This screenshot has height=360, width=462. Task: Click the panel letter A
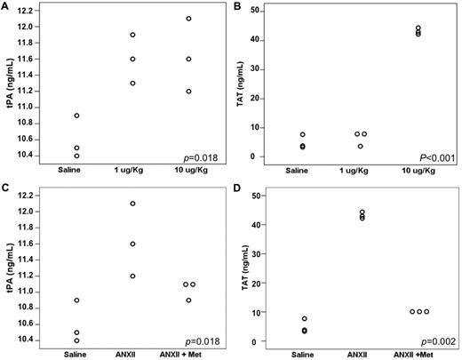pos(5,6)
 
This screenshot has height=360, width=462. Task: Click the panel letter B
pos(244,6)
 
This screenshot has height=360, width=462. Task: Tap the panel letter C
pos(5,189)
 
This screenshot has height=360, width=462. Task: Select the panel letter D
pos(244,189)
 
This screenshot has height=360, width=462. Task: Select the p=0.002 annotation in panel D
pos(437,340)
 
